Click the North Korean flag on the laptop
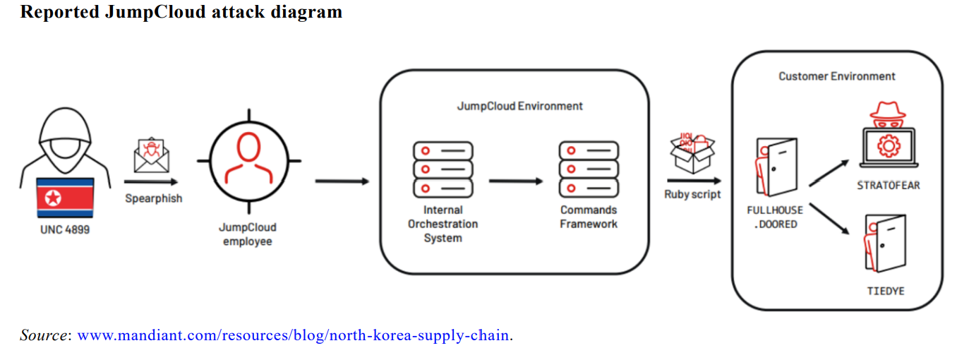coord(65,198)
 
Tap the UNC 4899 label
coord(65,229)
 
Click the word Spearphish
coord(154,198)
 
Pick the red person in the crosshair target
coord(248,160)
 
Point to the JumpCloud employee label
coord(248,234)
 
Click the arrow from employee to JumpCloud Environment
coord(342,181)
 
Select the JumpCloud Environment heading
coord(519,106)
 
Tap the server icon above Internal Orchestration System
coord(443,169)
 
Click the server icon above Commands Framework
coord(589,169)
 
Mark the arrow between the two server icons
coord(516,181)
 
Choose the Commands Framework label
coord(589,217)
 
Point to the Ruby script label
coord(692,194)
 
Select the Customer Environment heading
coord(837,76)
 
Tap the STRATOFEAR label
coord(889,186)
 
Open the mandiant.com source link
coord(293,335)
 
